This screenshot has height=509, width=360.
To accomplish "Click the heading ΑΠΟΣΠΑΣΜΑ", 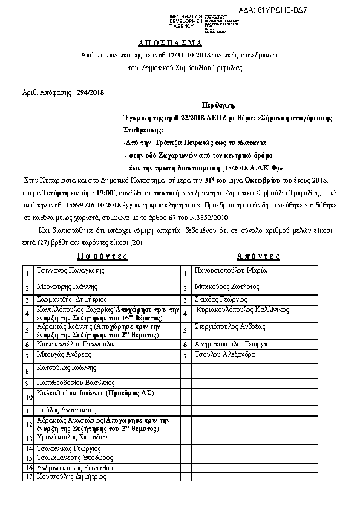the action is click(x=180, y=44).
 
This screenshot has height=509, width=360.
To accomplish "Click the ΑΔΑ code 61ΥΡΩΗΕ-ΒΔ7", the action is click(x=298, y=10).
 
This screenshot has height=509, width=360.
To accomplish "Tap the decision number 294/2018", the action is click(x=91, y=92).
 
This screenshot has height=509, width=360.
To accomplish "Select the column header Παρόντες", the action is click(x=103, y=256).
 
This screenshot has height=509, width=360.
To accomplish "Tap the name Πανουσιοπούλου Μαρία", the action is click(x=231, y=270).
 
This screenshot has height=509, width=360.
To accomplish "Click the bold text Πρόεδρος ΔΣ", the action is click(x=131, y=393).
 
